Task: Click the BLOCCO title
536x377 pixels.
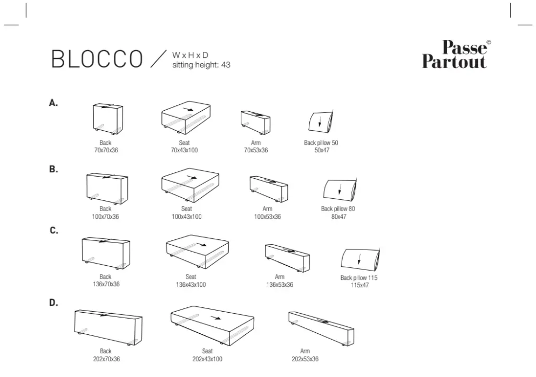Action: [x=97, y=59]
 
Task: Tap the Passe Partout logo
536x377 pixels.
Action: [x=456, y=54]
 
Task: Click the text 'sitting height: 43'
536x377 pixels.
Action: [x=201, y=65]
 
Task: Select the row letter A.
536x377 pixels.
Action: [x=53, y=103]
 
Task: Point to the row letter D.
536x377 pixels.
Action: [x=53, y=302]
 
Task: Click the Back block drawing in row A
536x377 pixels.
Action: [x=107, y=119]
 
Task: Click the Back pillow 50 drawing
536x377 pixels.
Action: [x=321, y=122]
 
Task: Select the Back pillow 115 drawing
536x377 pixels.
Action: [x=360, y=260]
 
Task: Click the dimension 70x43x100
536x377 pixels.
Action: [x=184, y=150]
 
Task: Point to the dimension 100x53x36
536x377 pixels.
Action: [x=267, y=217]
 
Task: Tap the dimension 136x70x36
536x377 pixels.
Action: [x=106, y=284]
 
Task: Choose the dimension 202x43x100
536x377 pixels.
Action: [x=207, y=359]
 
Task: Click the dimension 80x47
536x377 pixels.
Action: [x=339, y=217]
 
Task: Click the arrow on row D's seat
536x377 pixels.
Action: [x=215, y=318]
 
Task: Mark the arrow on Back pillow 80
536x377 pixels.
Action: [x=340, y=189]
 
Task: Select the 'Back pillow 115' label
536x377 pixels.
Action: [x=359, y=278]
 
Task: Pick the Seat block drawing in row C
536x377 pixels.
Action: [x=197, y=252]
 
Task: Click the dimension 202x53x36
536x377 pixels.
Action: [x=305, y=359]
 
